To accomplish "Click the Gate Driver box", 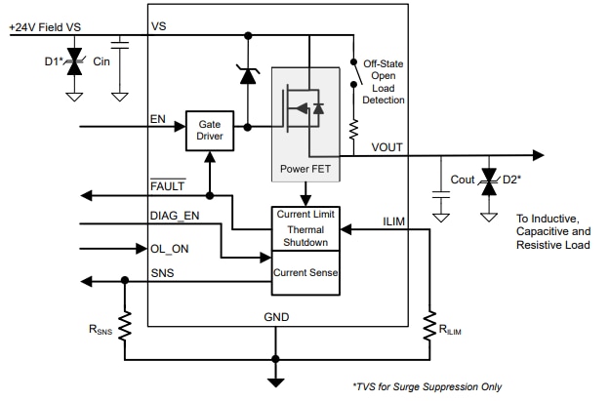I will tap(210, 131).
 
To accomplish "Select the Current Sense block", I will tap(305, 273).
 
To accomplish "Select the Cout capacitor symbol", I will tap(440, 194).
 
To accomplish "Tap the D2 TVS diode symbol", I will tap(488, 183).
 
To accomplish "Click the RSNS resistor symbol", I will tap(125, 324).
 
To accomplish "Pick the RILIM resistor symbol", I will tap(428, 326).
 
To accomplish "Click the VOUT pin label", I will tap(386, 147).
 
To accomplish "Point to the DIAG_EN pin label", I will tap(175, 215).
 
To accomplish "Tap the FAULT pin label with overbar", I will tap(169, 186).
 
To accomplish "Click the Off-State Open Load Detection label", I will tap(384, 81).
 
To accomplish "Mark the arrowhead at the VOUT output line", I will tap(537, 155).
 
